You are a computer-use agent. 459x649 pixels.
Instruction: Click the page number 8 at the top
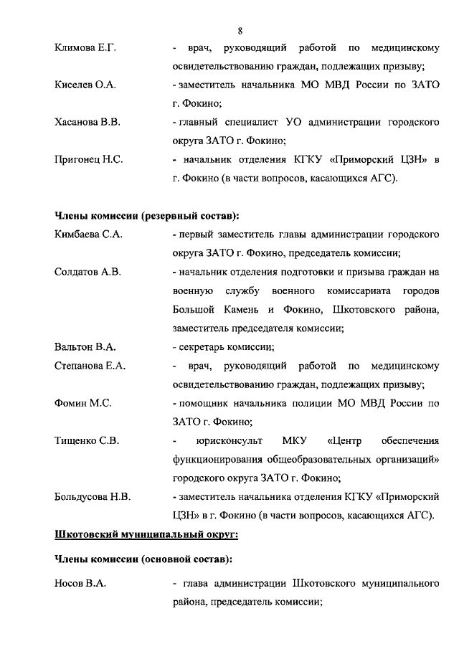(240, 30)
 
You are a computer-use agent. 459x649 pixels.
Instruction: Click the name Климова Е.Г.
(85, 48)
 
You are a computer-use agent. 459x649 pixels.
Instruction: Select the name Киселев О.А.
(85, 85)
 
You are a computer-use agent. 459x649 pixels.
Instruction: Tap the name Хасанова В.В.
(87, 123)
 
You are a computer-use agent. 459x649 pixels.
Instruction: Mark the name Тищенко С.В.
(87, 440)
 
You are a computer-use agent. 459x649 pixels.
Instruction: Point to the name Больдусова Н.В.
(93, 496)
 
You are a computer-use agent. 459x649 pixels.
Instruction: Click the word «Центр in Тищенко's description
(347, 440)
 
